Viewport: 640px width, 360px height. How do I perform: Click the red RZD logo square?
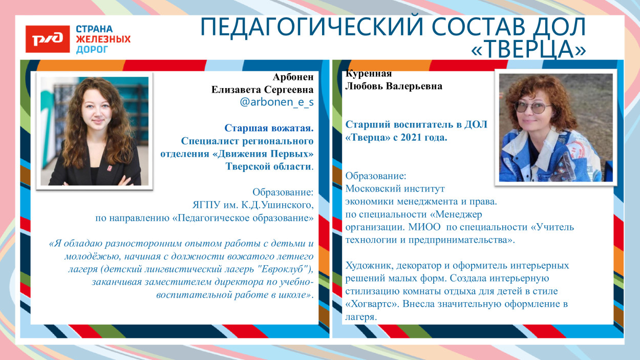(48, 38)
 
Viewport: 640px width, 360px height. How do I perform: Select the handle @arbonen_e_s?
(276, 102)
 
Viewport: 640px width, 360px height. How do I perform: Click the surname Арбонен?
(293, 77)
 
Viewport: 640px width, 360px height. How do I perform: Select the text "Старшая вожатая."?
(269, 128)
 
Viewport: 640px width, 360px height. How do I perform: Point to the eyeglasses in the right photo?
(532, 107)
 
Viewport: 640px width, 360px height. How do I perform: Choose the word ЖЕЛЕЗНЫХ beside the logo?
(103, 39)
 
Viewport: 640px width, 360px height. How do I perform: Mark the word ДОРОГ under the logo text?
(92, 50)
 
